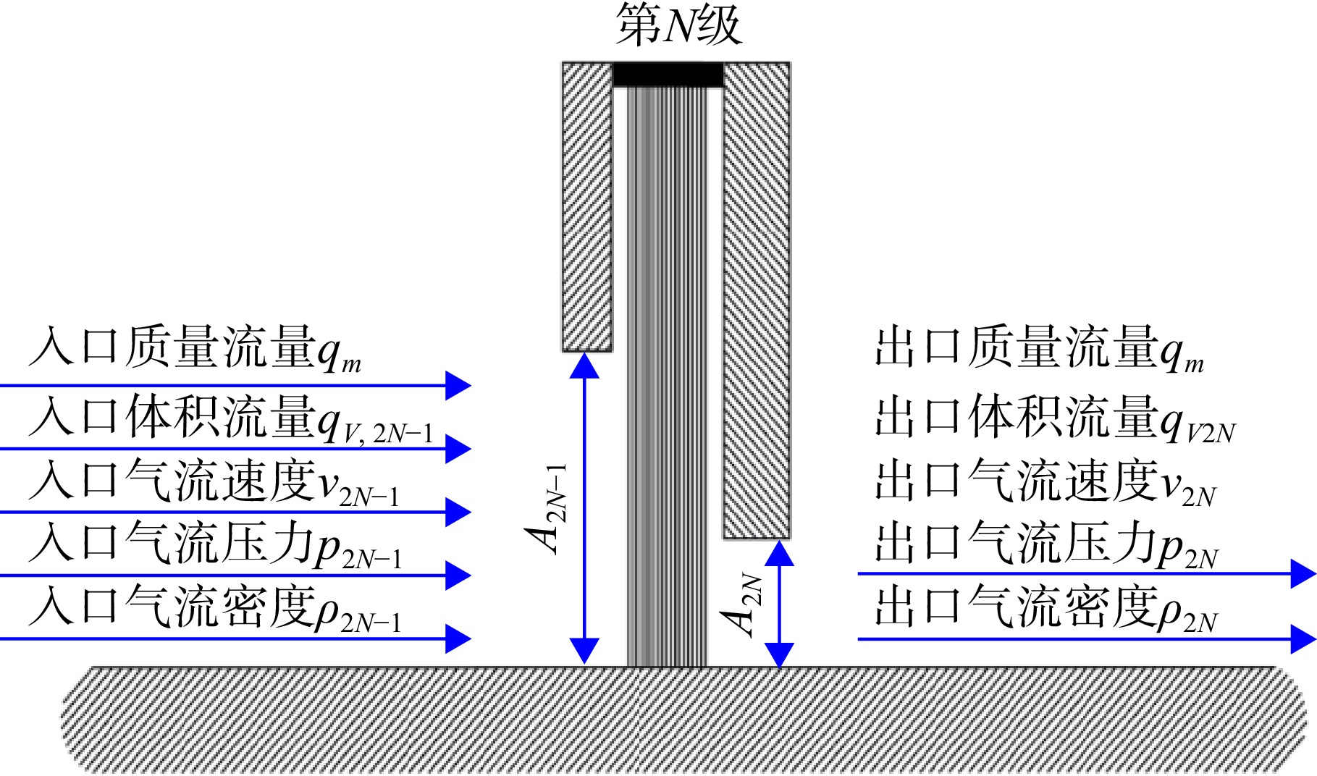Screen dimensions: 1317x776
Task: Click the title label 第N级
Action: pyautogui.click(x=678, y=25)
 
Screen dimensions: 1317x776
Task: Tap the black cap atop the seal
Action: pyautogui.click(x=668, y=75)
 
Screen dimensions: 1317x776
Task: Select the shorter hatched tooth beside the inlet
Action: pyautogui.click(x=587, y=207)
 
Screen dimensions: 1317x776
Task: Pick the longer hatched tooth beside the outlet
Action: pyautogui.click(x=757, y=300)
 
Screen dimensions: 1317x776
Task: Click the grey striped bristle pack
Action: pyautogui.click(x=667, y=376)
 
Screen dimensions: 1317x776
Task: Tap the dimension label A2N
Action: pyautogui.click(x=741, y=605)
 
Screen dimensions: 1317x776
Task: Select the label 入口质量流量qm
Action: pyautogui.click(x=195, y=349)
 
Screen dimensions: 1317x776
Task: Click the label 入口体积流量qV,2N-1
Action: pyautogui.click(x=231, y=418)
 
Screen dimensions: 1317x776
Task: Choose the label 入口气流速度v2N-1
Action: pyautogui.click(x=214, y=481)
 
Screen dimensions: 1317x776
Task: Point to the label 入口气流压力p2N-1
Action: pyautogui.click(x=215, y=544)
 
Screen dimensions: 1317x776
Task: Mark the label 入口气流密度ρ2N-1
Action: pyautogui.click(x=215, y=608)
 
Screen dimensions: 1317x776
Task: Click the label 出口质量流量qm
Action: pyautogui.click(x=1040, y=349)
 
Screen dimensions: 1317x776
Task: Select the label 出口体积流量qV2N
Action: pyautogui.click(x=1056, y=418)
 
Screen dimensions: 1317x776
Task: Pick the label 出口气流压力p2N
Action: pyautogui.click(x=1047, y=544)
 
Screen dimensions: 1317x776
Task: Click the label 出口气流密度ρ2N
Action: pyautogui.click(x=1047, y=608)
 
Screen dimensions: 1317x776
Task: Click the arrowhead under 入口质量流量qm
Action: pyautogui.click(x=458, y=386)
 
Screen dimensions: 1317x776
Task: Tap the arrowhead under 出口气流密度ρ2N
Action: pyautogui.click(x=1303, y=639)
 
